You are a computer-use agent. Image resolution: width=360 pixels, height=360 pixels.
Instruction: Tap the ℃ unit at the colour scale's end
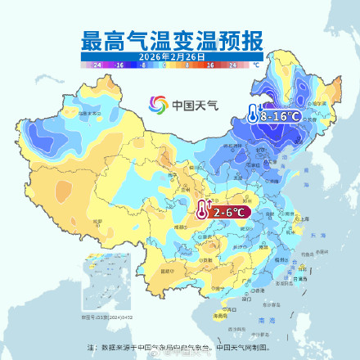click(x=256, y=63)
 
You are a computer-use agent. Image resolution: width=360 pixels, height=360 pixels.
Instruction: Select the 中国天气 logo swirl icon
click(x=158, y=105)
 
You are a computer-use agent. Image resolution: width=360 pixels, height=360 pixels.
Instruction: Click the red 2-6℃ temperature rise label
click(x=230, y=213)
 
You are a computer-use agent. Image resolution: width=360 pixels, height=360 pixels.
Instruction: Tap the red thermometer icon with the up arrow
click(x=201, y=211)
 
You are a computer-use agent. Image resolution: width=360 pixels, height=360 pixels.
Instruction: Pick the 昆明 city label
click(x=168, y=270)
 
